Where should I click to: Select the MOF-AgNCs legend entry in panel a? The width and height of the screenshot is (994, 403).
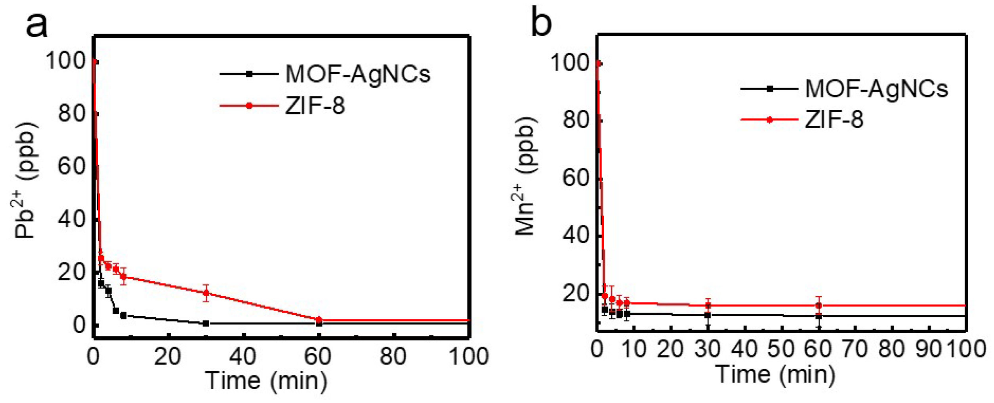point(357,74)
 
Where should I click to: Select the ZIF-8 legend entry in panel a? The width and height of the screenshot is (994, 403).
point(315,106)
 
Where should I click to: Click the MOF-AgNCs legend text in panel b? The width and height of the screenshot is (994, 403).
point(876,88)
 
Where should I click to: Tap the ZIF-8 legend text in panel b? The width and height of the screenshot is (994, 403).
point(834,119)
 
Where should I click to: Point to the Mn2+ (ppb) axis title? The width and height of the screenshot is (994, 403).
point(526,177)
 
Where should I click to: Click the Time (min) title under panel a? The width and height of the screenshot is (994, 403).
point(266,380)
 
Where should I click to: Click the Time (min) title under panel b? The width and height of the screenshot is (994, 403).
point(775,374)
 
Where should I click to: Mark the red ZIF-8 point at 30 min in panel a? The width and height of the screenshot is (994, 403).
point(206,293)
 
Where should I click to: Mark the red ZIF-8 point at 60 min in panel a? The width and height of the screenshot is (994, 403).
point(319,320)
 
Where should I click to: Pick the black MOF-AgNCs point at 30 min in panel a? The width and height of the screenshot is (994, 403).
point(206,324)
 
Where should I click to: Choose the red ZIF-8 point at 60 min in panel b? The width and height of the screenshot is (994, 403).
point(818,305)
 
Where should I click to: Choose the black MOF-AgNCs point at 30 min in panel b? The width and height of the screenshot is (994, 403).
point(708,315)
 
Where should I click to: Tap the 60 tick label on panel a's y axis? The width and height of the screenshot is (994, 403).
point(72,166)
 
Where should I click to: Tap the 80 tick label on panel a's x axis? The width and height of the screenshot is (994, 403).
point(393,356)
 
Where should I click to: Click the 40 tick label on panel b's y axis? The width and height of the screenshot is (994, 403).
point(576,236)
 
